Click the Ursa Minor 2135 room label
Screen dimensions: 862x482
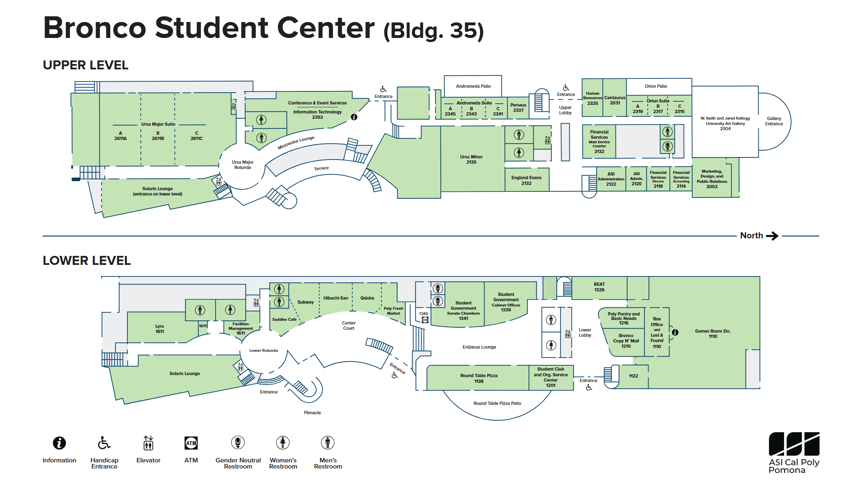click(x=471, y=159)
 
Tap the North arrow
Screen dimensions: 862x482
click(x=772, y=235)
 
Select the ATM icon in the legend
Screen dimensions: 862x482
click(x=191, y=443)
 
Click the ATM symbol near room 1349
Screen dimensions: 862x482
click(x=425, y=320)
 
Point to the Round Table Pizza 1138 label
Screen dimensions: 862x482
click(x=479, y=378)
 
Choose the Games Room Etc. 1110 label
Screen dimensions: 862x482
click(x=713, y=333)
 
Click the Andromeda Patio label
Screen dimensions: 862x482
click(x=473, y=86)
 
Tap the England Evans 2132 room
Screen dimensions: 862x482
click(x=527, y=180)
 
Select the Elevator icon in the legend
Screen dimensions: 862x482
click(x=148, y=443)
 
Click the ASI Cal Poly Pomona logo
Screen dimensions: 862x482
click(x=794, y=453)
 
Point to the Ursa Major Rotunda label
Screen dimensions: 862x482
click(x=242, y=164)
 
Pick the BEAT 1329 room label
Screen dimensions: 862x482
click(x=599, y=287)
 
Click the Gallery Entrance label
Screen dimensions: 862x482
click(x=774, y=121)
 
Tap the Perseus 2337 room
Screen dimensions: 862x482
click(x=518, y=108)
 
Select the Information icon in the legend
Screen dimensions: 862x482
click(x=59, y=443)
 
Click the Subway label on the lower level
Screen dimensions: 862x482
click(x=305, y=302)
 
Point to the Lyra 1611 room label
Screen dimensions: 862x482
click(x=160, y=329)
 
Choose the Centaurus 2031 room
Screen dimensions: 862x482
click(x=615, y=98)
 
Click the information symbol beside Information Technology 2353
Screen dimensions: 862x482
click(x=354, y=117)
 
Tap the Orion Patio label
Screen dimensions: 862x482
click(x=656, y=86)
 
